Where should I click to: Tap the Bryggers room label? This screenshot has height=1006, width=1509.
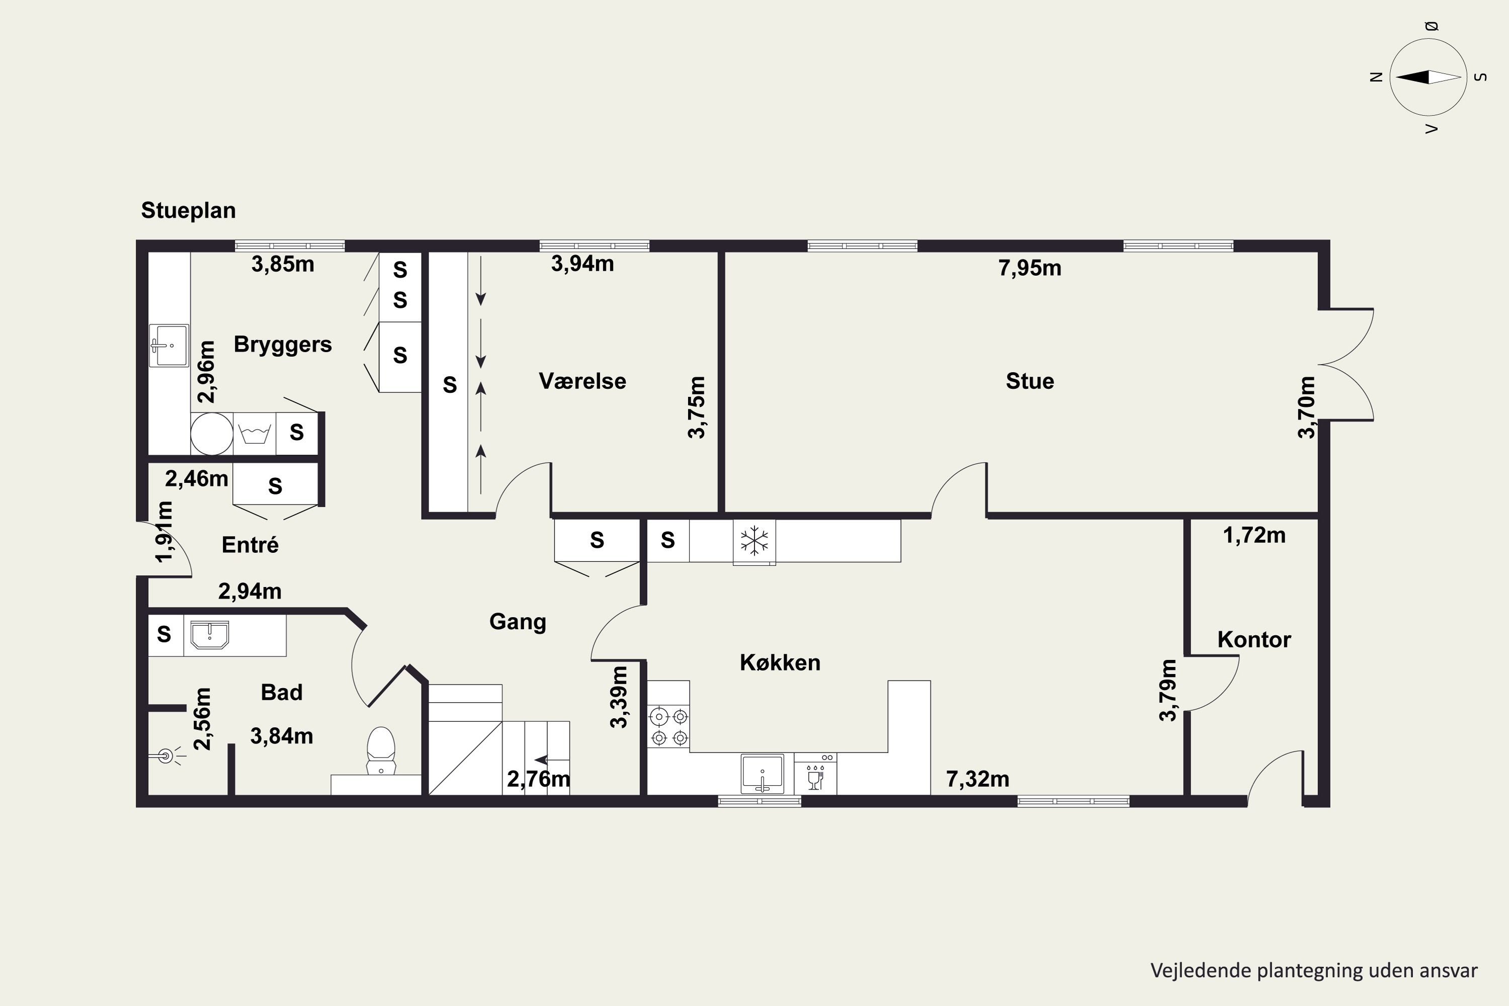click(282, 345)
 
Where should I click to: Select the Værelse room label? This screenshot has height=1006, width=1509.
click(582, 381)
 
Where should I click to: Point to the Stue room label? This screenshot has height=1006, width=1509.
click(1030, 381)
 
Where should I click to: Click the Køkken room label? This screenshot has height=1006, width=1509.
click(780, 662)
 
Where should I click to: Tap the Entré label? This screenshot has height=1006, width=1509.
click(249, 545)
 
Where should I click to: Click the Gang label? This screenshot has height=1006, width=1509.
click(517, 622)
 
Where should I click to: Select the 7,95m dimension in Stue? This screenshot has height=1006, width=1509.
click(1030, 268)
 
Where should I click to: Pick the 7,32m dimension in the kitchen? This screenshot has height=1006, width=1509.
click(978, 779)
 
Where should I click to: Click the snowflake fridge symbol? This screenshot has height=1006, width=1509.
click(754, 541)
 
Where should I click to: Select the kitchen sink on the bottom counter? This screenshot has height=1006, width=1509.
click(762, 774)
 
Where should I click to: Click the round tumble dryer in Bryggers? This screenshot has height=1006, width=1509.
click(212, 434)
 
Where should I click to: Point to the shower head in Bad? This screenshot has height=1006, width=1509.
click(165, 757)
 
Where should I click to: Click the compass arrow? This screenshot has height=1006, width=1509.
click(1428, 77)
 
